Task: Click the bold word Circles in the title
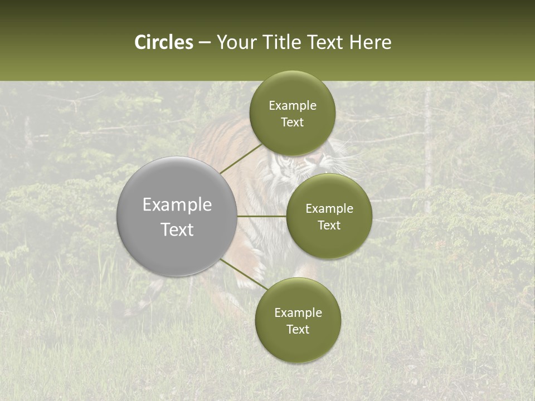164,42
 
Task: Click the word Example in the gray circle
177,205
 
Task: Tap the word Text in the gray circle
177,229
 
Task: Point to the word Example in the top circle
293,106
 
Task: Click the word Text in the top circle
293,123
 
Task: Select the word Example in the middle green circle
329,209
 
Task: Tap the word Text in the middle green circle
329,226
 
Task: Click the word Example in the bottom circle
298,313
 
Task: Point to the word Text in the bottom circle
298,330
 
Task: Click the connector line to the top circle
241,158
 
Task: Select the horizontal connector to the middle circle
262,216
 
